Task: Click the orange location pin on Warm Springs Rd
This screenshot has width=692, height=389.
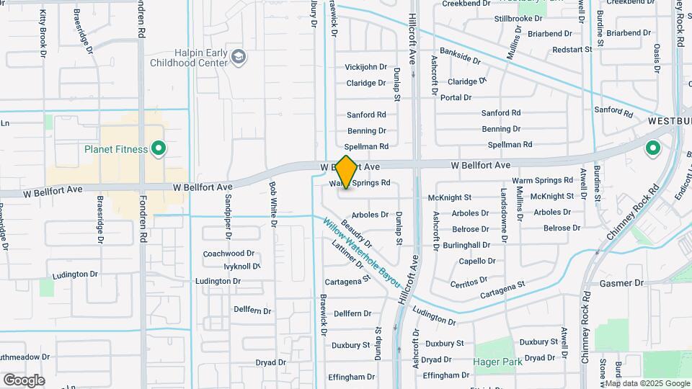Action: click(x=347, y=172)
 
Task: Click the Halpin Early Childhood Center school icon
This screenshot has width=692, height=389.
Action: click(x=239, y=56)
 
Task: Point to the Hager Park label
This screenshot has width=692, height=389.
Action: click(x=497, y=362)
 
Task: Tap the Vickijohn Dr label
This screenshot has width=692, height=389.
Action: click(x=366, y=67)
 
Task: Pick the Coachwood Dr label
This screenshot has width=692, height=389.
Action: click(x=229, y=254)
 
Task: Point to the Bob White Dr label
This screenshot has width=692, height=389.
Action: click(x=273, y=203)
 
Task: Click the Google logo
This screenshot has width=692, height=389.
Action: click(x=24, y=380)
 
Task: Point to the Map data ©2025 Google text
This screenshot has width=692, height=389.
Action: click(x=647, y=383)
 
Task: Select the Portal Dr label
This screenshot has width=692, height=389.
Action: click(x=456, y=97)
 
